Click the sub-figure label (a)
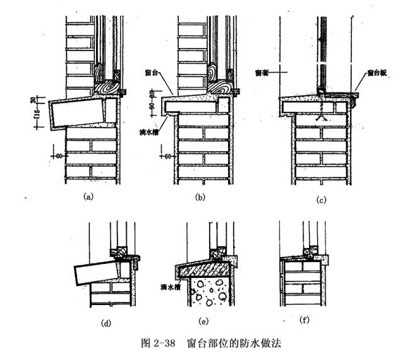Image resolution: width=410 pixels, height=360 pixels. point(88,196)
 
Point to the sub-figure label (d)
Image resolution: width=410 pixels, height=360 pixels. point(106,323)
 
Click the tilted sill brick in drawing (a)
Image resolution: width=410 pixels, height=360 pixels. point(76,112)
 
